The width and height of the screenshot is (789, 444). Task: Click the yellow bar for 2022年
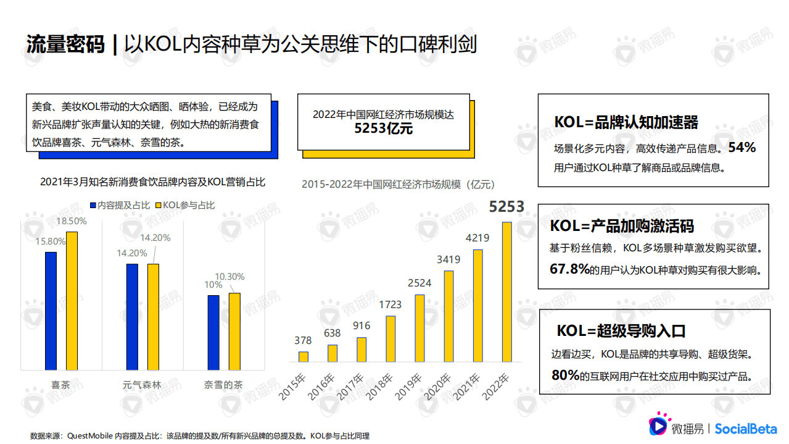coord(506,291)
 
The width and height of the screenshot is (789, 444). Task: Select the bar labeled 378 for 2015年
coord(303,356)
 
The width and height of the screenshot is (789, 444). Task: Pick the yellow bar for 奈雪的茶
coord(234,331)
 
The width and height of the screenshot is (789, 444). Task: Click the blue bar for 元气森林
coord(132,317)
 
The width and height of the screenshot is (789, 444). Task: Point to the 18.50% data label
coord(72,220)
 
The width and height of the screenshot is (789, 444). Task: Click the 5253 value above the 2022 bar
coord(506,207)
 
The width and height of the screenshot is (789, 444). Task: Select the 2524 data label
coord(419,283)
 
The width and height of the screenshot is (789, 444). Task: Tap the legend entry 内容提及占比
coord(123,205)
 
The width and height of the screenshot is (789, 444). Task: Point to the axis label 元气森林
coord(142,385)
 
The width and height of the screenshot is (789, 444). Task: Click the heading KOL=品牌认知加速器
coord(626,122)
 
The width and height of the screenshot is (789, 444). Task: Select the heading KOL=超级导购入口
coord(621,331)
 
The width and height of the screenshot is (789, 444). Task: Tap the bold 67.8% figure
coord(570,269)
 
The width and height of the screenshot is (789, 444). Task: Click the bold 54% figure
coord(741,148)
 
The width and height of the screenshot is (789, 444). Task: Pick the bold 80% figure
coord(566,375)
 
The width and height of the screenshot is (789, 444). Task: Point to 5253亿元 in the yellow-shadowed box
coord(383,129)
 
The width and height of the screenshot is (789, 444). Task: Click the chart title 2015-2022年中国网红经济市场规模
coord(398,184)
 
